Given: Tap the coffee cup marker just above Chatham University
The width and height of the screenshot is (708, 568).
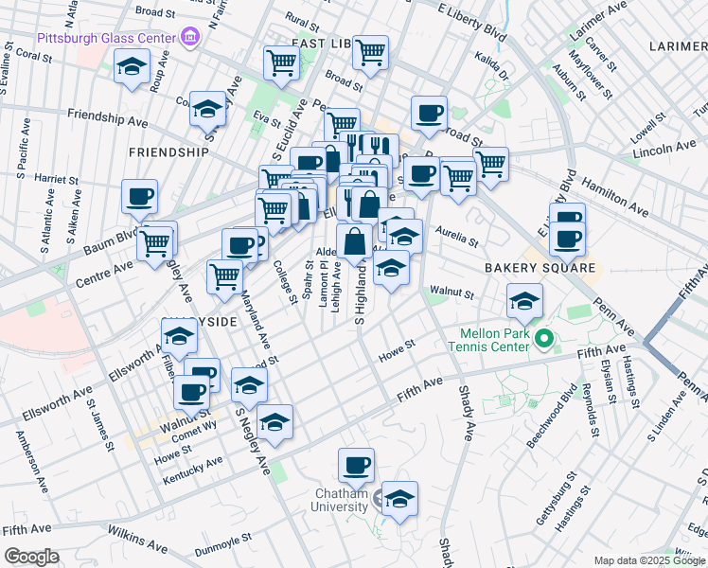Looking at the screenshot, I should tap(357, 464).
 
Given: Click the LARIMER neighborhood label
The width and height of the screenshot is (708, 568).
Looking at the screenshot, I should tap(678, 45).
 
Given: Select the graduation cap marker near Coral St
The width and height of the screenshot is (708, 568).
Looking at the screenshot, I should tap(133, 65).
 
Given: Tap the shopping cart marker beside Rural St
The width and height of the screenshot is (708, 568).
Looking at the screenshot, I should tap(281, 62).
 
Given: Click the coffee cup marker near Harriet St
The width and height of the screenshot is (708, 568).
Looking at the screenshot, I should tap(139, 196).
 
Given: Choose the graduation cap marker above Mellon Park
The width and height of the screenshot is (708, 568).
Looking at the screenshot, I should tap(523, 300).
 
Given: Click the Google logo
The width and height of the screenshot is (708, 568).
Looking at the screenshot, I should tap(31, 557).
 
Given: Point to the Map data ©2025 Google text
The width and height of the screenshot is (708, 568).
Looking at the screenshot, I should tap(648, 560).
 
